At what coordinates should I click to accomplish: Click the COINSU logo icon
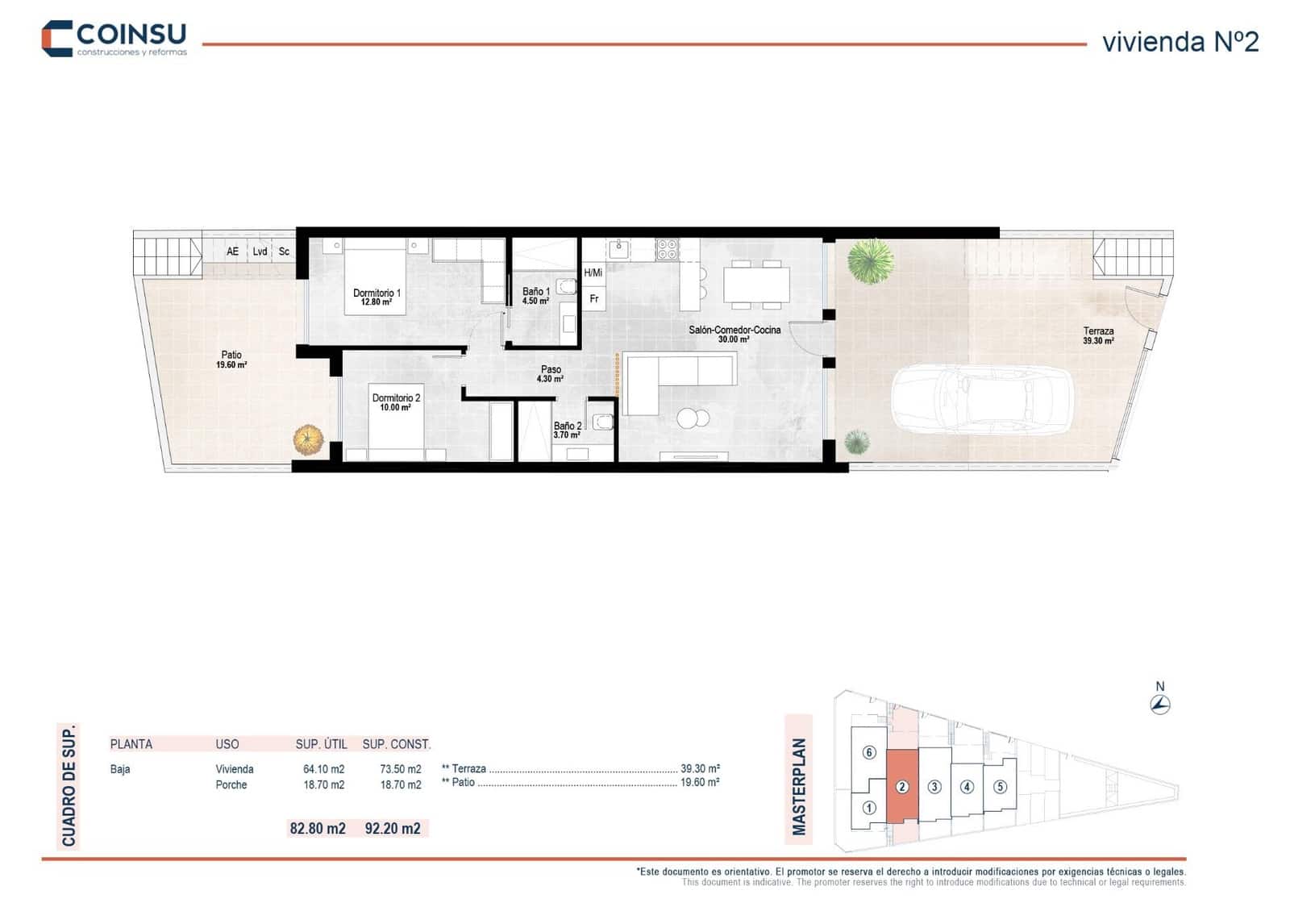(57, 39)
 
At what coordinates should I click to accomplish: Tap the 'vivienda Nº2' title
(1180, 42)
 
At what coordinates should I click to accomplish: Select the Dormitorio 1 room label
(377, 297)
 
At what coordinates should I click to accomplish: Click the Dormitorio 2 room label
(396, 402)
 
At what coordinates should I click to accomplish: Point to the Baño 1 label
(536, 296)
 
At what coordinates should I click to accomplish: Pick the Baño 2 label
(568, 430)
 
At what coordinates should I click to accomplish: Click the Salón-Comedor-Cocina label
(734, 334)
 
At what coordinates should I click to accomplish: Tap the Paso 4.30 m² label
(551, 373)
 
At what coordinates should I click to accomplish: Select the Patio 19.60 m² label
(231, 360)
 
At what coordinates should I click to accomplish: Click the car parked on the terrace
(981, 400)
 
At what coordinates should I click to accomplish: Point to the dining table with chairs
(756, 284)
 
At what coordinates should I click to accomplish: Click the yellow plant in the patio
(308, 439)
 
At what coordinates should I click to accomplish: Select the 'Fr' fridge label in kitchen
(594, 299)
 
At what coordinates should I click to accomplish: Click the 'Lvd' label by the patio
(260, 252)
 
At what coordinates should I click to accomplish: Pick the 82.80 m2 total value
(318, 828)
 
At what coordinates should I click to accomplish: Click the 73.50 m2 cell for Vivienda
(401, 769)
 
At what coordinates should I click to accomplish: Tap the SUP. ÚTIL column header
(321, 744)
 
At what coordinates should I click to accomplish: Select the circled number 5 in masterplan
(1000, 787)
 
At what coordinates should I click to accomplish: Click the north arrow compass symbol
(1160, 704)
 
